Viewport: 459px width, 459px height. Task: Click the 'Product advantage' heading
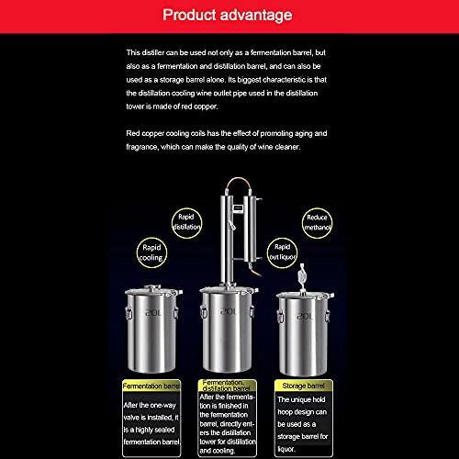(229, 15)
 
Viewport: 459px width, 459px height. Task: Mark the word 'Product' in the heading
(196, 15)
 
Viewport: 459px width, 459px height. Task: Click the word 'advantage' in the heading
(261, 15)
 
